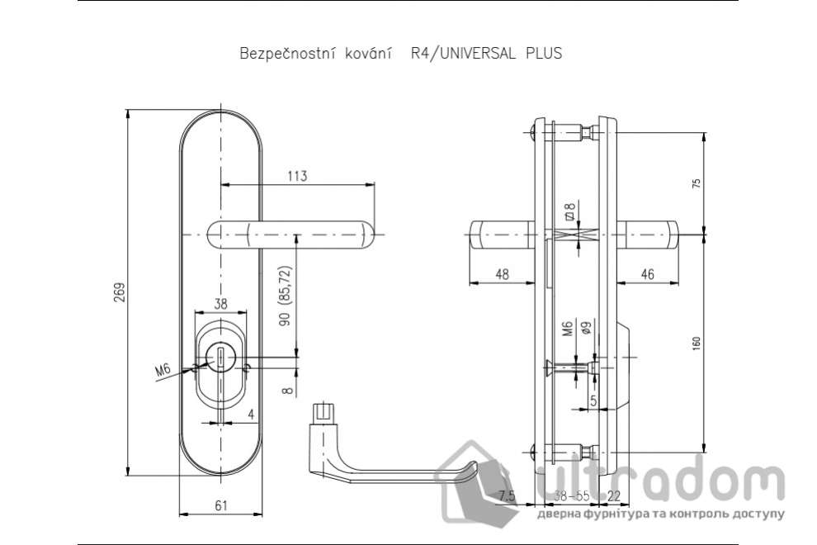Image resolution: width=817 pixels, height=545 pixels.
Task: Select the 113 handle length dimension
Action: [x=297, y=175]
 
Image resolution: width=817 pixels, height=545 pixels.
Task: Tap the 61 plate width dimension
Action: [x=221, y=505]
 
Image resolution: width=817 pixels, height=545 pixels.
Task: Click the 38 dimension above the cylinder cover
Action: [x=220, y=302]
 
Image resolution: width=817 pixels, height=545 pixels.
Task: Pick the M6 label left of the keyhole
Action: [x=163, y=369]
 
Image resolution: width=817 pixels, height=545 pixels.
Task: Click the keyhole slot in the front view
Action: [x=220, y=358]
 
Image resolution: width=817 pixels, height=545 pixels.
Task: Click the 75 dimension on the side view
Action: [x=696, y=183]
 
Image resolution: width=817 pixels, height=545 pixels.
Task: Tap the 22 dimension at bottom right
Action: [x=614, y=495]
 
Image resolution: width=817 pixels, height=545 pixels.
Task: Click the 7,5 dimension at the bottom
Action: [x=507, y=495]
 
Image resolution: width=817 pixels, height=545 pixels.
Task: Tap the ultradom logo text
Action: [x=660, y=480]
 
